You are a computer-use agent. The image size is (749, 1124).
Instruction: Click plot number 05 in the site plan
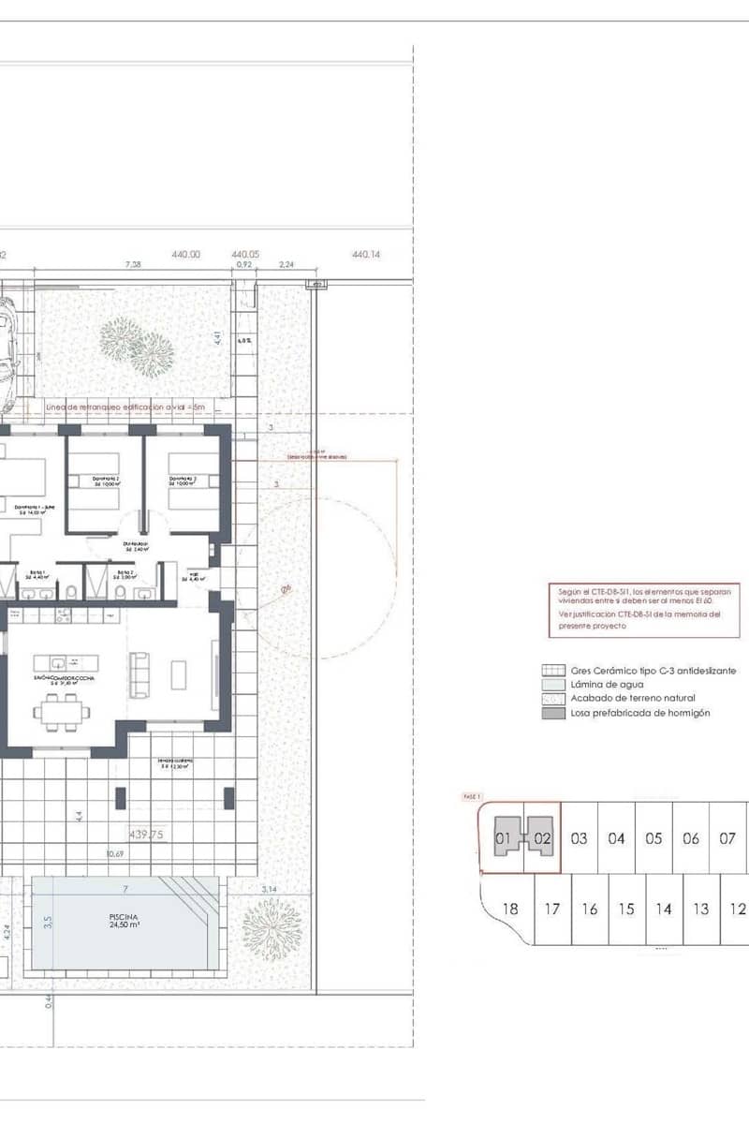(x=654, y=838)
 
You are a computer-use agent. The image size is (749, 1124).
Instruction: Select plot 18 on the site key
(x=510, y=909)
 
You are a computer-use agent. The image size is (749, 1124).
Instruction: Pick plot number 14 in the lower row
(x=663, y=909)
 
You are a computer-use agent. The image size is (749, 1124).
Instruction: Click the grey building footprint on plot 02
(x=541, y=834)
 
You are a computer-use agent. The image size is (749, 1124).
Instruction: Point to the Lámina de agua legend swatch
(x=552, y=685)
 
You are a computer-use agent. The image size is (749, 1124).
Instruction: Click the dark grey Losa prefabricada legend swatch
(x=552, y=713)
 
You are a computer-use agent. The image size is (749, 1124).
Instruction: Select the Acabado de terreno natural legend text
(x=633, y=699)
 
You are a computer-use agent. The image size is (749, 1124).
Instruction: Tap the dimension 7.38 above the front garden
(x=133, y=265)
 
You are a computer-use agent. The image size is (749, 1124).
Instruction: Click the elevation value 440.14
(x=366, y=254)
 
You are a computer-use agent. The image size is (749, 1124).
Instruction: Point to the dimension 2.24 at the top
(x=286, y=265)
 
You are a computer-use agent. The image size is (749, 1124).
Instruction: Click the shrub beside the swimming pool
(x=272, y=929)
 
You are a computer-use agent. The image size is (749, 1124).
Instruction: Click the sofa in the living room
(x=140, y=675)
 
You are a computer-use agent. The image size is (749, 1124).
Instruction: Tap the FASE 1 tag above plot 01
(x=472, y=796)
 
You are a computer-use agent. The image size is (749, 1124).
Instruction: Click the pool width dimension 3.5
(x=48, y=921)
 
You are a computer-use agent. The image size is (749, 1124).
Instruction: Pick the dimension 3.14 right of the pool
(x=268, y=889)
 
